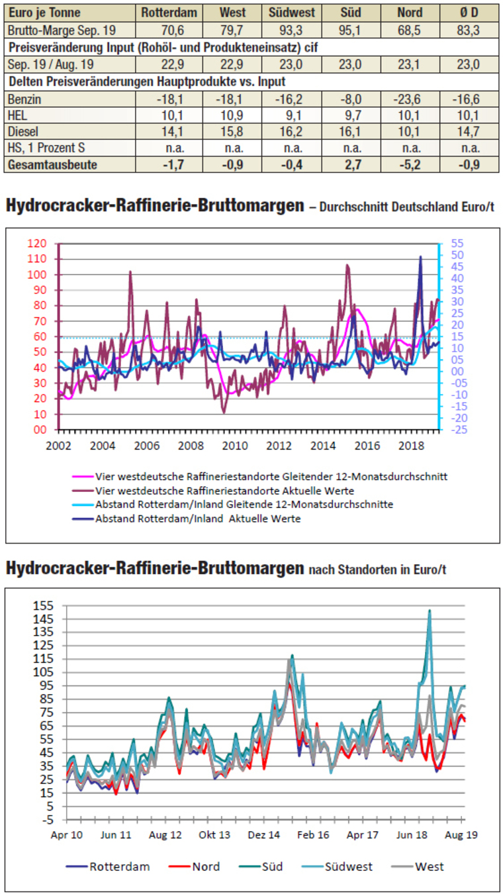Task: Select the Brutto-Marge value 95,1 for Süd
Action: click(350, 30)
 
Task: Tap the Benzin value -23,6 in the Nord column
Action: click(409, 98)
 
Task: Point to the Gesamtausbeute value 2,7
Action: click(350, 165)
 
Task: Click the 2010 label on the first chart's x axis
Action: click(235, 444)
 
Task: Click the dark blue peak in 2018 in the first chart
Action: click(420, 257)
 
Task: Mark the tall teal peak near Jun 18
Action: click(430, 611)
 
